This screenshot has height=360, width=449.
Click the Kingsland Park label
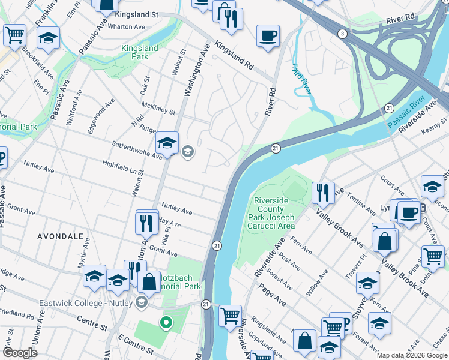coord(140,52)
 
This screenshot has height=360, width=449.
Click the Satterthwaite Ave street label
coord(137,150)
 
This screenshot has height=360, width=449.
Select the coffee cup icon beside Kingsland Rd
coord(268,35)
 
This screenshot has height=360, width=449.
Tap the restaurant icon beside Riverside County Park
coord(323,192)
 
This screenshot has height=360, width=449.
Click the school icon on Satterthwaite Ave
coord(167,143)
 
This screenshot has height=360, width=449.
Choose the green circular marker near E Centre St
coord(166,323)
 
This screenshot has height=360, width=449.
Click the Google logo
coord(20,353)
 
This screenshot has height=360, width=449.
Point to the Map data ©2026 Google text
coord(412,355)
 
